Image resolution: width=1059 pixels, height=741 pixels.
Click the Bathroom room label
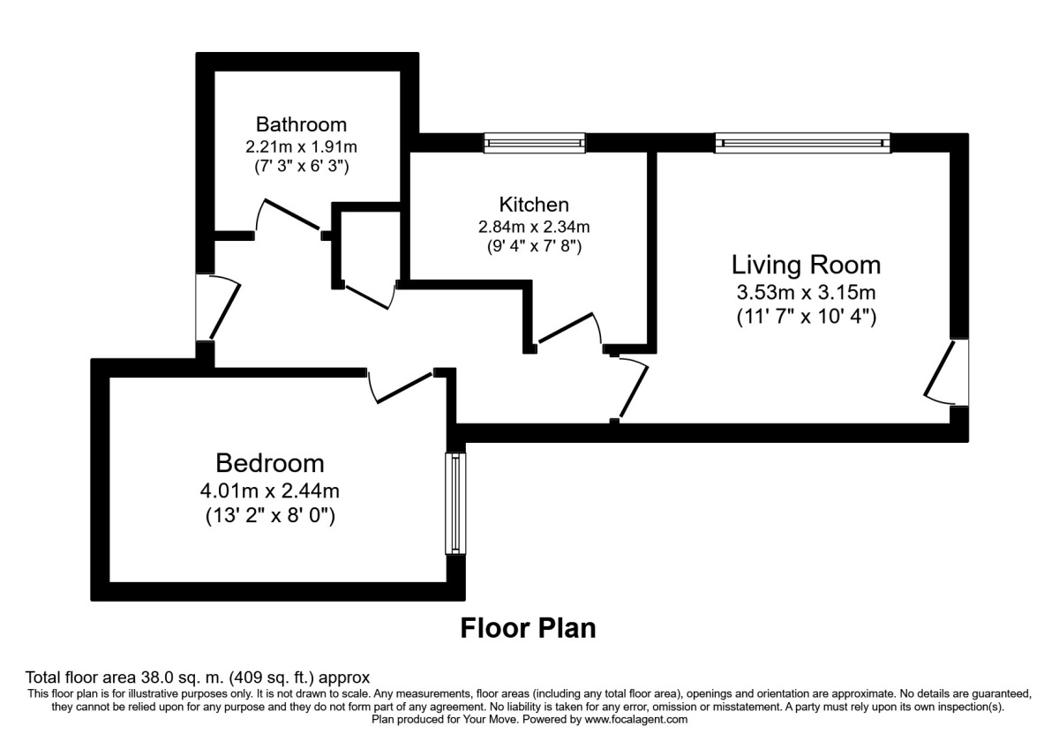coord(301,123)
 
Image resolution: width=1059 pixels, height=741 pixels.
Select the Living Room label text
coord(806,264)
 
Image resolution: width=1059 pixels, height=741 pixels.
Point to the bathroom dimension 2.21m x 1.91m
coord(301,146)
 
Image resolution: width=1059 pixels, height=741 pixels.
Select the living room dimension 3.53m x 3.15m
coord(806,292)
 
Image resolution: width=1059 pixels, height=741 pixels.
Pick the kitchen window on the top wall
coord(534,142)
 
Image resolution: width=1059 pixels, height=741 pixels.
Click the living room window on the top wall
coord(803,142)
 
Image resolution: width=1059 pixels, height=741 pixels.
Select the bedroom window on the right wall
coord(454,504)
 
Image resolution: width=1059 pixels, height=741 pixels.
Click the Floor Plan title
coord(528,628)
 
